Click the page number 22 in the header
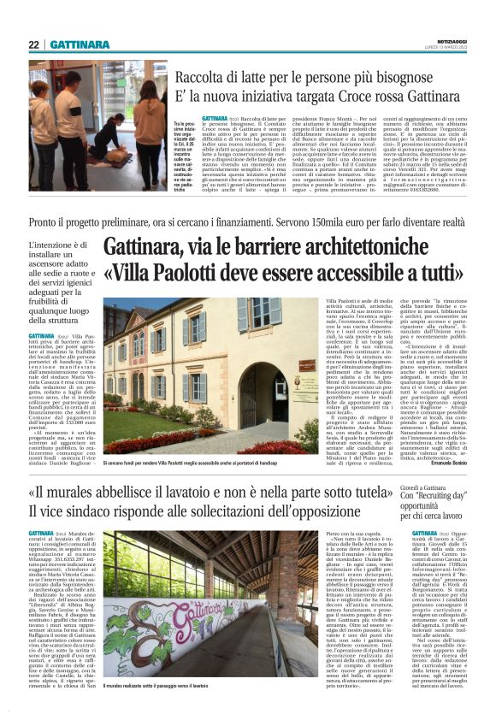click(x=34, y=44)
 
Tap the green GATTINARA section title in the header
click(x=78, y=44)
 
